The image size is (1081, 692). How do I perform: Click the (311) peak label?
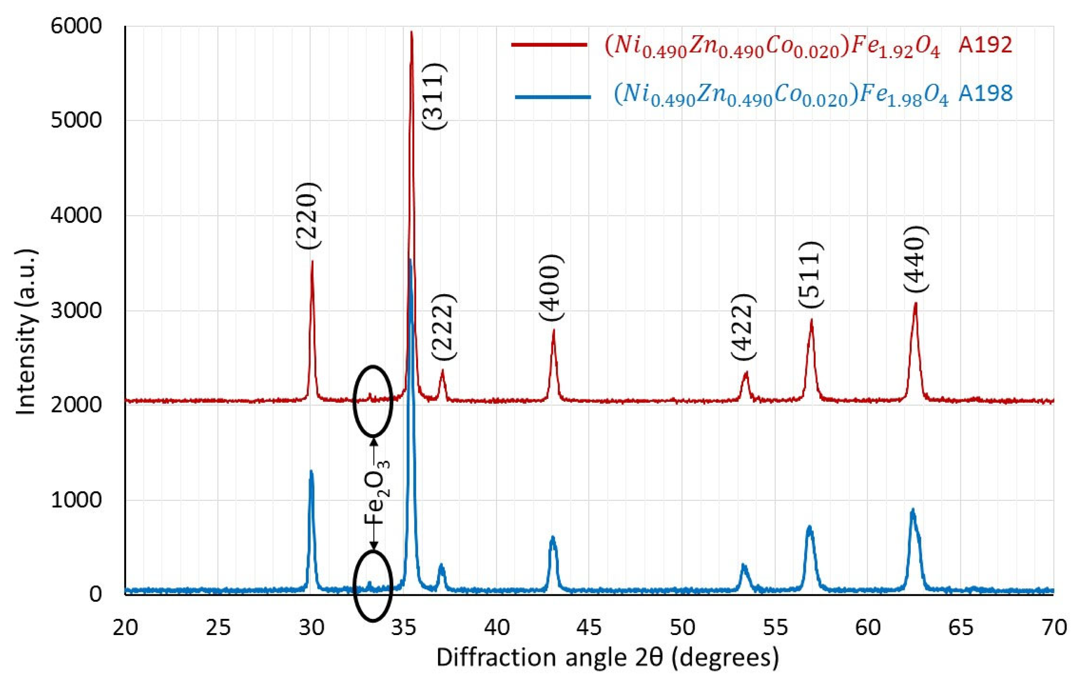point(434,96)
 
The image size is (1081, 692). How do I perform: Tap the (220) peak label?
point(309,216)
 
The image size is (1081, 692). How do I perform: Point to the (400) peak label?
point(551,288)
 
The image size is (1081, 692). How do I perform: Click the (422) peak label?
point(743,327)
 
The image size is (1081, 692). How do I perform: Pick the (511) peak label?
point(811,275)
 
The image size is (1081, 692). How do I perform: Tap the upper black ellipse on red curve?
point(373,401)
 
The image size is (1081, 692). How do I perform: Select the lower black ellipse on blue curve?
point(373,586)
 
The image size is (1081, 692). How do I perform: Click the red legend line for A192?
point(549,44)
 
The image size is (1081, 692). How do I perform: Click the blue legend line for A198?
point(553,96)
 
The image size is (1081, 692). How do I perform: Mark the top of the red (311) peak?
point(411,32)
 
